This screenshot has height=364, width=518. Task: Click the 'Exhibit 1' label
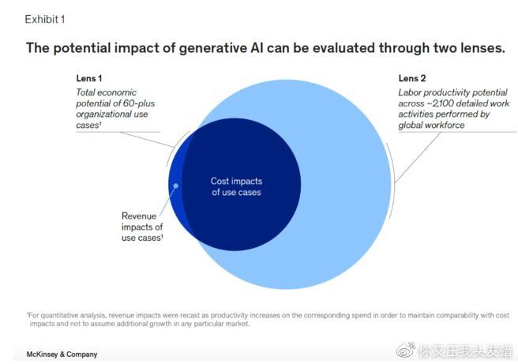point(45,19)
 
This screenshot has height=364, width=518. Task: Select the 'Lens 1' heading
point(89,78)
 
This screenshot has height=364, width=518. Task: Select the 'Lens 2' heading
point(412,78)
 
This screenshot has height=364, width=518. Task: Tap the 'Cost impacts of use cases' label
point(237,186)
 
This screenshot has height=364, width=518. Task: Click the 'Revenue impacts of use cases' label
point(142,227)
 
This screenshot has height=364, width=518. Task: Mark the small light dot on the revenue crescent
point(176,186)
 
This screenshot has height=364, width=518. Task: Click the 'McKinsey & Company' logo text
point(62,355)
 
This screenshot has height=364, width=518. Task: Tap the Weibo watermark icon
point(406,350)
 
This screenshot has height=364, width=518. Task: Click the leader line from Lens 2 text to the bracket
point(418,157)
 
